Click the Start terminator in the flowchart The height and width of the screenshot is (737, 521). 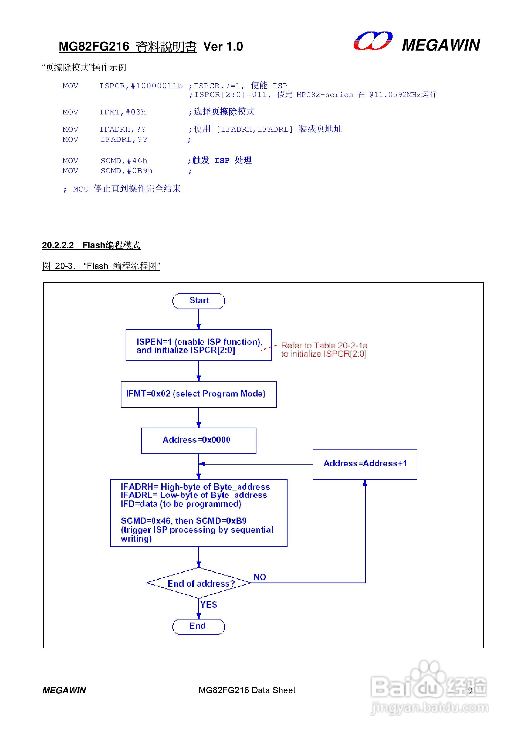tap(198, 301)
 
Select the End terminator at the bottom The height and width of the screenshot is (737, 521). tap(198, 626)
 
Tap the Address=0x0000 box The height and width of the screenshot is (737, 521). tap(199, 440)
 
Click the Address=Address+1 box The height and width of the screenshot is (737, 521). tap(365, 464)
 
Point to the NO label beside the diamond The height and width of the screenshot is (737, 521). tap(260, 577)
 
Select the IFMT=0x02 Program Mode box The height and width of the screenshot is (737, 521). tap(199, 394)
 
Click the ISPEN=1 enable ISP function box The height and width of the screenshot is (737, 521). tap(198, 345)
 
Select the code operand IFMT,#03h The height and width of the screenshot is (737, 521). tap(122, 112)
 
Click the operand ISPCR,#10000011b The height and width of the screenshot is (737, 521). tap(141, 86)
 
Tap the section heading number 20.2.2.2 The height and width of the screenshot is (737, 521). tap(58, 245)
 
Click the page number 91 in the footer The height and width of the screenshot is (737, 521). tap(472, 690)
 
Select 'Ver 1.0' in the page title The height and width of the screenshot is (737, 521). tap(223, 47)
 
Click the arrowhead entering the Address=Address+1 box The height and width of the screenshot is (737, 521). tap(365, 483)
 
